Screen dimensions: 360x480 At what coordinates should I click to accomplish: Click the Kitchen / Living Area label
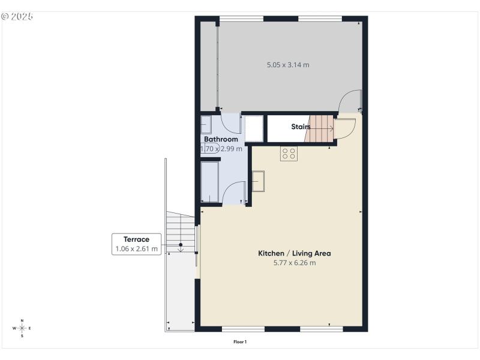pos(294,253)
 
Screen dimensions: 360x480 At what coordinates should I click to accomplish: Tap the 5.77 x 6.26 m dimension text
pos(294,263)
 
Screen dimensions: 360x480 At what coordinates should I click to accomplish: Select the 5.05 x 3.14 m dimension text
pos(288,64)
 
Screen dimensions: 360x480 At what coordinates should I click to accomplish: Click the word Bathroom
pos(221,139)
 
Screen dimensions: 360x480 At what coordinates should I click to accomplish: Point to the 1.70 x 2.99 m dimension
pos(221,149)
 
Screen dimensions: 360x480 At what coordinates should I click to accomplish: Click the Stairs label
pos(301,127)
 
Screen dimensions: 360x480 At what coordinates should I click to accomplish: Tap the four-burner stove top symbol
pos(289,154)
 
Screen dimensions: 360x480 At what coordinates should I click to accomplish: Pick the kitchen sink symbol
pos(259,181)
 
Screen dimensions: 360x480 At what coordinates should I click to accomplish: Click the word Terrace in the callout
pos(136,239)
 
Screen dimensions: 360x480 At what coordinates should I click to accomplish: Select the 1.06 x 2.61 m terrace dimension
pos(136,249)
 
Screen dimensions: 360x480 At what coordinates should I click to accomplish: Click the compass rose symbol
pos(22,328)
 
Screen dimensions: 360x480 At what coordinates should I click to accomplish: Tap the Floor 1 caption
pos(240,342)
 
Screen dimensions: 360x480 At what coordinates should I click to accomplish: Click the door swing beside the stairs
pos(344,128)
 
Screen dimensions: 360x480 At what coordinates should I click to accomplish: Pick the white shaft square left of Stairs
pos(254,127)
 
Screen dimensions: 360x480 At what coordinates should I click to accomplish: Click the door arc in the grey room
pos(349,101)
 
